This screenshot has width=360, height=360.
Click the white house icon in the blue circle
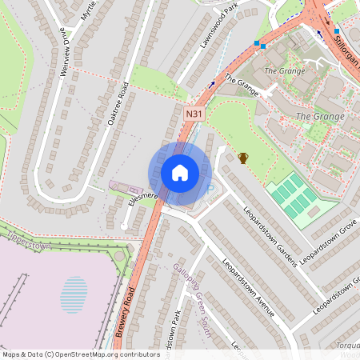(x=180, y=173)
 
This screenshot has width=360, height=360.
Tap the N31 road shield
(x=194, y=115)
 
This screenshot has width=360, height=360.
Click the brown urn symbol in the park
(x=243, y=158)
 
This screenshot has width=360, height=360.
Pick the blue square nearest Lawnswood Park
(x=256, y=44)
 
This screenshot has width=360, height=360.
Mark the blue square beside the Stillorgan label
(x=336, y=30)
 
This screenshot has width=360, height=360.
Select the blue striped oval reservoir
(x=74, y=293)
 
